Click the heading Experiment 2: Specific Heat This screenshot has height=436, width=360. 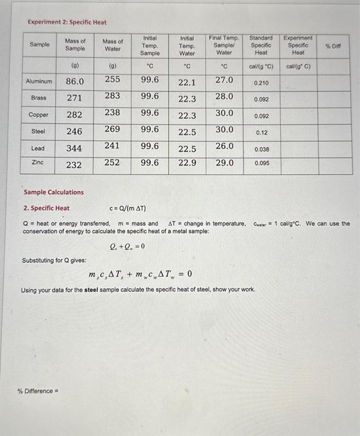[67, 22]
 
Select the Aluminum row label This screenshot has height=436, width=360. [39, 82]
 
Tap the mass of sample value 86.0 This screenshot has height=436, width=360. [75, 82]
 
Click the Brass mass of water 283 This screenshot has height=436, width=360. [113, 96]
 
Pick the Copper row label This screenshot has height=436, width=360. [39, 115]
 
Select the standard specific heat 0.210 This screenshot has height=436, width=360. [261, 83]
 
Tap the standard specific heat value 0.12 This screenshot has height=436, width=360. [261, 133]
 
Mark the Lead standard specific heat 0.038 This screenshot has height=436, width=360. [261, 149]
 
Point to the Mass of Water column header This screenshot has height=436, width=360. [113, 45]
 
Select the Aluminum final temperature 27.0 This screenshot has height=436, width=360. [224, 80]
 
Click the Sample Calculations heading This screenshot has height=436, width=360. [53, 192]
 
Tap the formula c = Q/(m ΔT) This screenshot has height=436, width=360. [128, 208]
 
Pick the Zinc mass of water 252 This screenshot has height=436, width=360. [113, 162]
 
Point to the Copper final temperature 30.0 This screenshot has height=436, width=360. [224, 113]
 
